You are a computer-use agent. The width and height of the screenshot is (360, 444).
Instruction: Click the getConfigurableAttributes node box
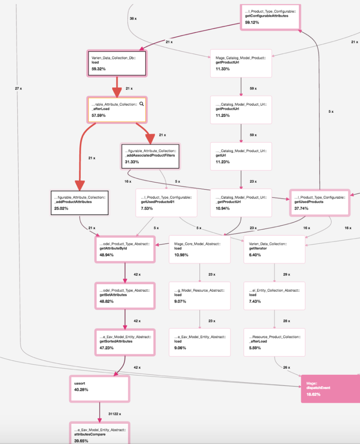pos(270,17)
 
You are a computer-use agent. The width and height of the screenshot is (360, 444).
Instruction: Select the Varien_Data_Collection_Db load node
pos(117,64)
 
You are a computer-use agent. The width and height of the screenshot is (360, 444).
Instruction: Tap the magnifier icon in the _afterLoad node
pos(142,104)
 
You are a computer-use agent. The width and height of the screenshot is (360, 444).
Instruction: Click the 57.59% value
pos(99,116)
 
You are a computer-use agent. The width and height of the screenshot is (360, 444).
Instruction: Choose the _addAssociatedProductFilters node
pos(150,156)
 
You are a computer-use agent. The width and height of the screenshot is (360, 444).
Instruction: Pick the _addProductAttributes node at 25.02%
pos(79,203)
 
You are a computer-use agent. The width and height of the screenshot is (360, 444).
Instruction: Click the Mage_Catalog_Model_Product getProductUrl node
pos(241,64)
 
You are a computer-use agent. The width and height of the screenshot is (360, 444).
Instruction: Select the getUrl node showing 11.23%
pos(241,156)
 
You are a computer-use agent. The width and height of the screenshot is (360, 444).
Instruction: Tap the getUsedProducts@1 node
pos(166,203)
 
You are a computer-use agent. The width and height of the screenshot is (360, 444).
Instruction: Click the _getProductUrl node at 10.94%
pos(241,203)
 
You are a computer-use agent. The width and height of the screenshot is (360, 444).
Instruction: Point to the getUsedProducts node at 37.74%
pos(320,203)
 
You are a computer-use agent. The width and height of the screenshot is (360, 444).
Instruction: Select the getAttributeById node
pos(125,249)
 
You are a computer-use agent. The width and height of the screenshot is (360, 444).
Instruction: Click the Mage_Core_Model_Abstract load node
pos(200,249)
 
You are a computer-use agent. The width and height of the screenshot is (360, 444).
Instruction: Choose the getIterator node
pos(274,249)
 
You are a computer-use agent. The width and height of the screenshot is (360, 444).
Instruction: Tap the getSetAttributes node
pos(125,295)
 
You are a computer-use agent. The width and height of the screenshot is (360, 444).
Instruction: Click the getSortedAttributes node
pos(125,342)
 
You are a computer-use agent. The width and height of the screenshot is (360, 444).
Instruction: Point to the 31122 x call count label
pos(115,414)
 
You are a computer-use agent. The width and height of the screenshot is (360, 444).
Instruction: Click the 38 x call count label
pos(133,19)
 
